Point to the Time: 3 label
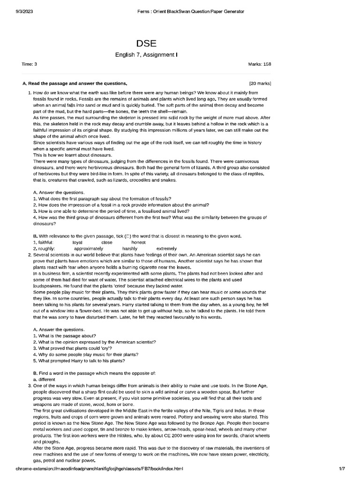[x=30, y=64]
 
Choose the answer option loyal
[x=77, y=242]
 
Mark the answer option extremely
[x=166, y=248]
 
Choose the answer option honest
[x=139, y=242]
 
